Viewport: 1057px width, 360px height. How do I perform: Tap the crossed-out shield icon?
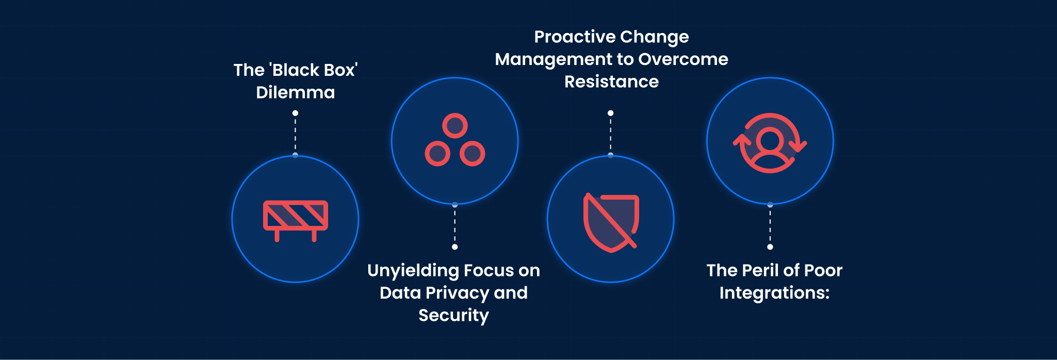(611, 222)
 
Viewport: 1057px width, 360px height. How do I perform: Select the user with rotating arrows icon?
(770, 143)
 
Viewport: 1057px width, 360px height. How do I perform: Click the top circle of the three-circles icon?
(455, 125)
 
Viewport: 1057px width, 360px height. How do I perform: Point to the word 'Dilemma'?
(295, 93)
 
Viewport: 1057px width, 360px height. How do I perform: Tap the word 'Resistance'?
(611, 82)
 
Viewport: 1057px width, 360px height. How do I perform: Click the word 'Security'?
(453, 315)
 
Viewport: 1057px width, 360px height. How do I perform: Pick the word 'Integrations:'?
(774, 293)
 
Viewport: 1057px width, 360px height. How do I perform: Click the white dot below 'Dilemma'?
(295, 113)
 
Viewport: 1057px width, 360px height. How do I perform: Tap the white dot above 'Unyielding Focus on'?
(454, 247)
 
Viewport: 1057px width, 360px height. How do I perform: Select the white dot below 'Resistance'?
(610, 113)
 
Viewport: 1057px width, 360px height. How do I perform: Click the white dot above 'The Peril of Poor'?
(770, 247)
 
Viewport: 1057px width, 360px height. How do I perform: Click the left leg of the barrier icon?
(277, 236)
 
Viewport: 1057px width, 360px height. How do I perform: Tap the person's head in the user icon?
(770, 140)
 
